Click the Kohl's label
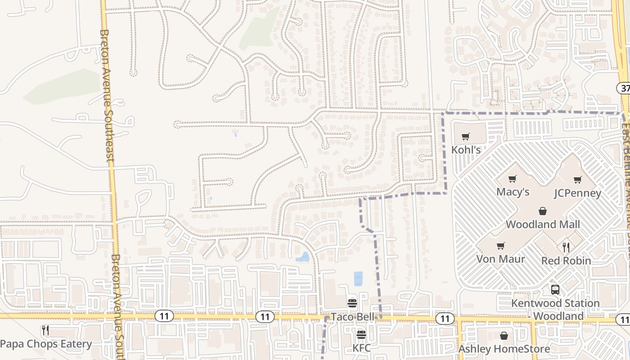point(466,149)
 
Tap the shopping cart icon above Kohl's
point(466,136)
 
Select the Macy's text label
point(513,192)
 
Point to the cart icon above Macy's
point(512,179)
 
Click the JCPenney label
point(577,193)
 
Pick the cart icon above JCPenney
point(577,180)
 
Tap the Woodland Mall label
point(543,224)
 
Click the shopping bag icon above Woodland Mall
point(543,211)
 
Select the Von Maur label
point(501,259)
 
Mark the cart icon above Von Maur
point(500,246)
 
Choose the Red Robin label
point(566,261)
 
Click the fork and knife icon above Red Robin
point(566,247)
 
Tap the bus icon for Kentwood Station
point(555,289)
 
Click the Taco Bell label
point(352,317)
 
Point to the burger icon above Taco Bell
point(352,303)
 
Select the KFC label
point(361,348)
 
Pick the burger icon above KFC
point(361,335)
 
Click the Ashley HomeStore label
point(504,349)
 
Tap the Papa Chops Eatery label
point(46,344)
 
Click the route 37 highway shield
point(624,88)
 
